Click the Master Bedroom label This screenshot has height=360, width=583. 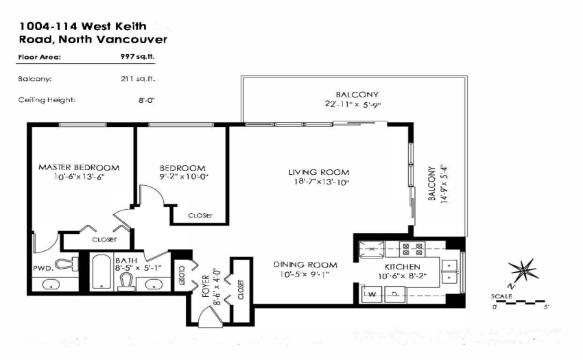(79, 168)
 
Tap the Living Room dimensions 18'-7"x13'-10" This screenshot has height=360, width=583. (320, 182)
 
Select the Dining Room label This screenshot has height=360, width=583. (305, 265)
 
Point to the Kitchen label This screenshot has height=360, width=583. (403, 267)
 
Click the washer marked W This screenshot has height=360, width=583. (372, 294)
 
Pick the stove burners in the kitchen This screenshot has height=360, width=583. (412, 249)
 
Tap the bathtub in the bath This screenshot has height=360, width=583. (102, 272)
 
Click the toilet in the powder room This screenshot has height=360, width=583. (67, 265)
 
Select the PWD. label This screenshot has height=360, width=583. (43, 268)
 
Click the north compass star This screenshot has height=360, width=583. (523, 269)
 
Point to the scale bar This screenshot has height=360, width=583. (520, 302)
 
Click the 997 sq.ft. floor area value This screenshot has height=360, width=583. (137, 56)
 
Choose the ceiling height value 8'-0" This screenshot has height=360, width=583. (147, 100)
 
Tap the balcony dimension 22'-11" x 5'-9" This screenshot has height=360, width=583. (353, 104)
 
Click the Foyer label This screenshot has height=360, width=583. (206, 287)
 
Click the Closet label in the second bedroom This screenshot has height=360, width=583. (200, 216)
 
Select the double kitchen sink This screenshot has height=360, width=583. (450, 272)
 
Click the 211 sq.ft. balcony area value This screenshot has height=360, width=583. (138, 78)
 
